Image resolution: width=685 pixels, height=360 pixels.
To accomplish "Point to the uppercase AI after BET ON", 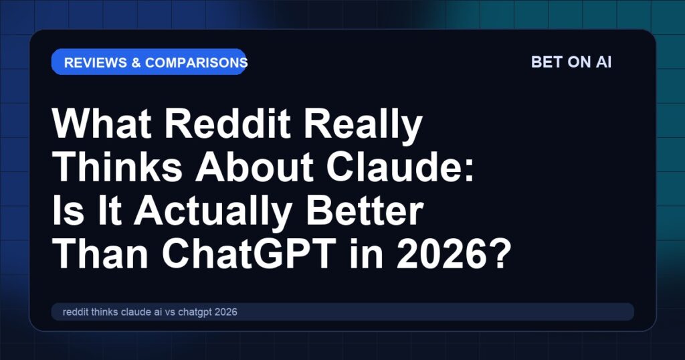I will point(602,62).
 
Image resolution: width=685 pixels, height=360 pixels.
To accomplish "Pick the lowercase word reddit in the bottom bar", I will point(76,312).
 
